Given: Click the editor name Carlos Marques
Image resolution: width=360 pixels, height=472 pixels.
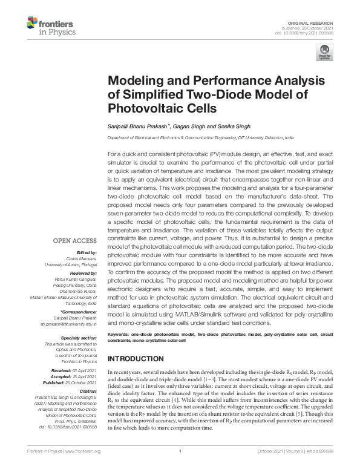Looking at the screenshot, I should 80,258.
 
